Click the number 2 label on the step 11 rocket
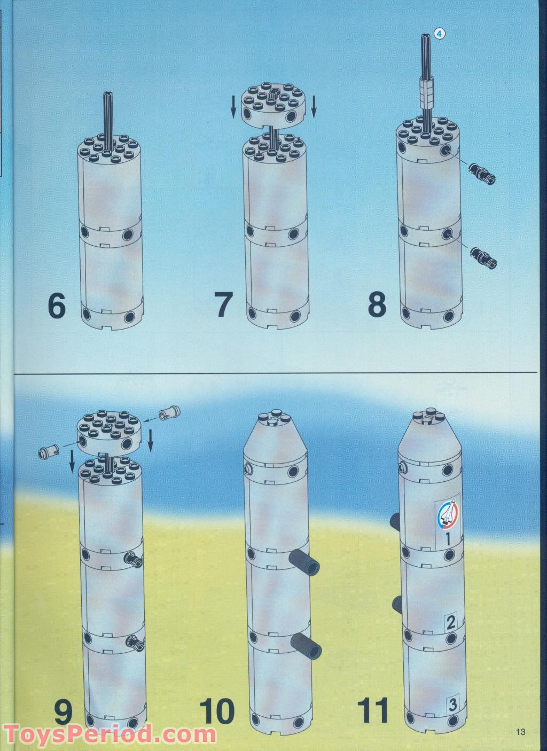450,621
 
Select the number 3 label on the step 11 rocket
452,705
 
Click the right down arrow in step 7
314,105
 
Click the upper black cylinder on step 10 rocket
303,561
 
